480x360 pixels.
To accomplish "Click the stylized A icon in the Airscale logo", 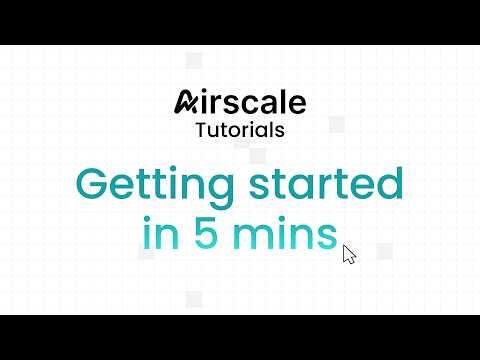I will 187,103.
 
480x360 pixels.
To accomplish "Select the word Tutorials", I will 239,129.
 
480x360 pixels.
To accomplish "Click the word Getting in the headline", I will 145,187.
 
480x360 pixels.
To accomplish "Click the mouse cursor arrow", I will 348,254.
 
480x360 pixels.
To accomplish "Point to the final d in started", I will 389,186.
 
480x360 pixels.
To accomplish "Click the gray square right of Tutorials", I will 337,123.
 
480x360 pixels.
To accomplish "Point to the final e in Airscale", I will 295,104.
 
